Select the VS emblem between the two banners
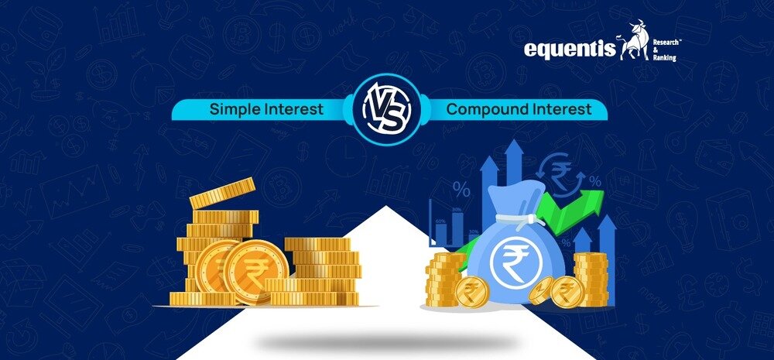click(387, 110)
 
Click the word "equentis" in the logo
click(570, 50)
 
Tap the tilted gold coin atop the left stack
click(223, 193)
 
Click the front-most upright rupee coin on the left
click(255, 272)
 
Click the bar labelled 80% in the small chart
click(456, 228)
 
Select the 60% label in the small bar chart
click(440, 221)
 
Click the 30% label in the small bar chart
click(474, 231)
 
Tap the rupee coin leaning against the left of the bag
click(472, 292)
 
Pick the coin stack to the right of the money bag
click(591, 279)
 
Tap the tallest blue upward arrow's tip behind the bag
click(515, 140)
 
